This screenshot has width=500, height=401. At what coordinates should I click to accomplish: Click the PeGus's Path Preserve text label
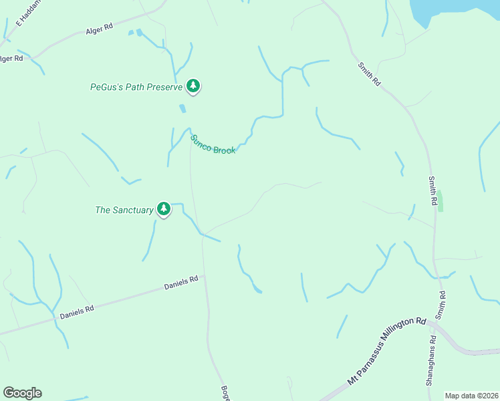(x=136, y=87)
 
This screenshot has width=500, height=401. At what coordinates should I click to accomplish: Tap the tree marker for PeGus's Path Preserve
(x=193, y=86)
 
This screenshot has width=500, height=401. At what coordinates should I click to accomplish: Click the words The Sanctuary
(x=124, y=210)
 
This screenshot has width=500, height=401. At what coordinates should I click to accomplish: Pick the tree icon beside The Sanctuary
(x=163, y=209)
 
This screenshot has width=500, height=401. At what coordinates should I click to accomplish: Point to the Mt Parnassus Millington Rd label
(x=386, y=352)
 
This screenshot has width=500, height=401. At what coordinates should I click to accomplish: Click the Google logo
(x=22, y=393)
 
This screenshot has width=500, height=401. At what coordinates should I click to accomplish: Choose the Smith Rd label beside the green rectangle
(x=433, y=192)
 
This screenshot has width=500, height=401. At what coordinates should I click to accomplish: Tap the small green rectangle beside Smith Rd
(x=441, y=200)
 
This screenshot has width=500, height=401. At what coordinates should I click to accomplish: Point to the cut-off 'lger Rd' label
(x=11, y=59)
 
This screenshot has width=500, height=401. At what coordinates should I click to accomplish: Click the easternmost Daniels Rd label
(x=182, y=283)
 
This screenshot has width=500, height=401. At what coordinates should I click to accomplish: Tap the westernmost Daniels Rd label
(x=76, y=311)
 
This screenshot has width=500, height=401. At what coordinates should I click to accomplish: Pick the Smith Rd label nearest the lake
(x=369, y=74)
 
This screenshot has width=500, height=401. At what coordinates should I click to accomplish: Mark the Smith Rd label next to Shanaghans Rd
(x=441, y=305)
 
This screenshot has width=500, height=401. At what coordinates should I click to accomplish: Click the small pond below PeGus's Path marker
(x=182, y=108)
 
